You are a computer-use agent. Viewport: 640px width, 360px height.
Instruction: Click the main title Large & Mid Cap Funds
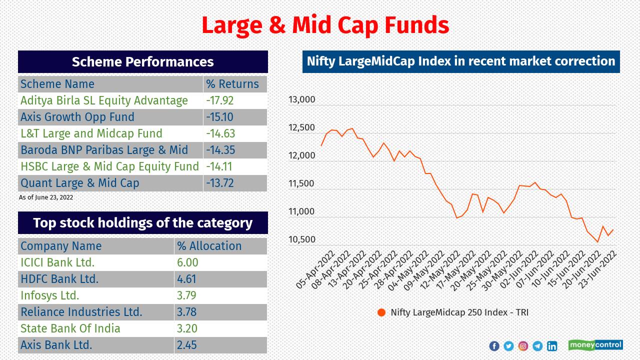325,25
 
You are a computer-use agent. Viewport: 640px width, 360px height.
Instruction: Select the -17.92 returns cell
220,100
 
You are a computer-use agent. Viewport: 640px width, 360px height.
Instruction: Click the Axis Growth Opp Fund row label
77,117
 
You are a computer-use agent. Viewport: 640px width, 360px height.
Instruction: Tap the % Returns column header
232,84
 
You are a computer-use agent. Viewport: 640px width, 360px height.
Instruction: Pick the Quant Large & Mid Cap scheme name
80,183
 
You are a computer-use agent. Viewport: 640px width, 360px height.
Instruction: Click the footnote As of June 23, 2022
46,197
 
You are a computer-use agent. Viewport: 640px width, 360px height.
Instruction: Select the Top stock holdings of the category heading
143,223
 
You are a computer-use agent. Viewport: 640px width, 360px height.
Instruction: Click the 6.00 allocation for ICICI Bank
187,262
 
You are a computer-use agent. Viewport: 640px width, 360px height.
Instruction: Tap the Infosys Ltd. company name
50,295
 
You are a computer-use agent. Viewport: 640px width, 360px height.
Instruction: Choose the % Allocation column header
209,246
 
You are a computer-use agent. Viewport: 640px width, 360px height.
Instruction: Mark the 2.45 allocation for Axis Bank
186,345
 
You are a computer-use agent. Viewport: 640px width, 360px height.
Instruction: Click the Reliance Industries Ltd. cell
81,312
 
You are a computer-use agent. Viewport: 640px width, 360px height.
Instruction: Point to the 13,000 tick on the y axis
301,99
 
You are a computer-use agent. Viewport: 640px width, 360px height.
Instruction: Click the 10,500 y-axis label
301,239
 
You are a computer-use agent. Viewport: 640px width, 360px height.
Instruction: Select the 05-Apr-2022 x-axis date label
315,270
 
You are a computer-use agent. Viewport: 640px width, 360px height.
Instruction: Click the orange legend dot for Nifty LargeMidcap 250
381,312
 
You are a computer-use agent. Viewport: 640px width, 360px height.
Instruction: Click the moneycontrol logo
595,345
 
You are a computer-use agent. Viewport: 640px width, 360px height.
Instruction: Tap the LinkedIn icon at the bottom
552,346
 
